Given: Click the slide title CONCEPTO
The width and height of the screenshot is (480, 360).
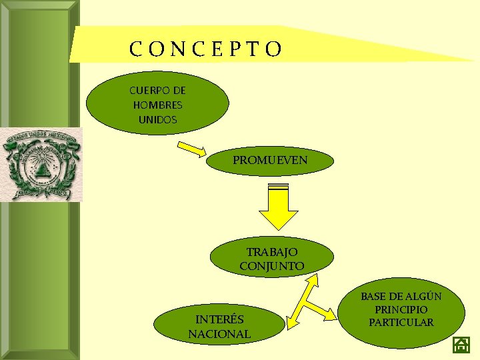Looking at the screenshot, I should click(207, 49).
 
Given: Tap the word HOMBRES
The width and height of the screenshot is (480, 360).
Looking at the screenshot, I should click(158, 105).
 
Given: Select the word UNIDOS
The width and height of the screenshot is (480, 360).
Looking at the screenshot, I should click(158, 119).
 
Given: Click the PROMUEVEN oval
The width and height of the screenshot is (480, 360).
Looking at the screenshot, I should click(270, 161).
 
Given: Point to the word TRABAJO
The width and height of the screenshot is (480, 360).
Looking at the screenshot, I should click(272, 253).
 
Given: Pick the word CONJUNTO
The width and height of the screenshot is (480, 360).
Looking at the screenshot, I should click(272, 266).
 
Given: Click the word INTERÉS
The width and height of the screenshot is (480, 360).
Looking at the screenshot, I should click(219, 320).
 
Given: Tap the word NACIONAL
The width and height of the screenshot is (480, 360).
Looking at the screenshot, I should click(219, 334).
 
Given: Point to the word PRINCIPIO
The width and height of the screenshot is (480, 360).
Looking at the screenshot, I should click(401, 310).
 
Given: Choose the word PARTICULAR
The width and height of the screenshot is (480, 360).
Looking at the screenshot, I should click(401, 323).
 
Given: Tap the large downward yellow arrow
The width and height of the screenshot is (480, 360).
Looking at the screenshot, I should click(278, 207).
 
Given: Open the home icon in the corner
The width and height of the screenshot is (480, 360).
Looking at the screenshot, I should click(461, 345).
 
